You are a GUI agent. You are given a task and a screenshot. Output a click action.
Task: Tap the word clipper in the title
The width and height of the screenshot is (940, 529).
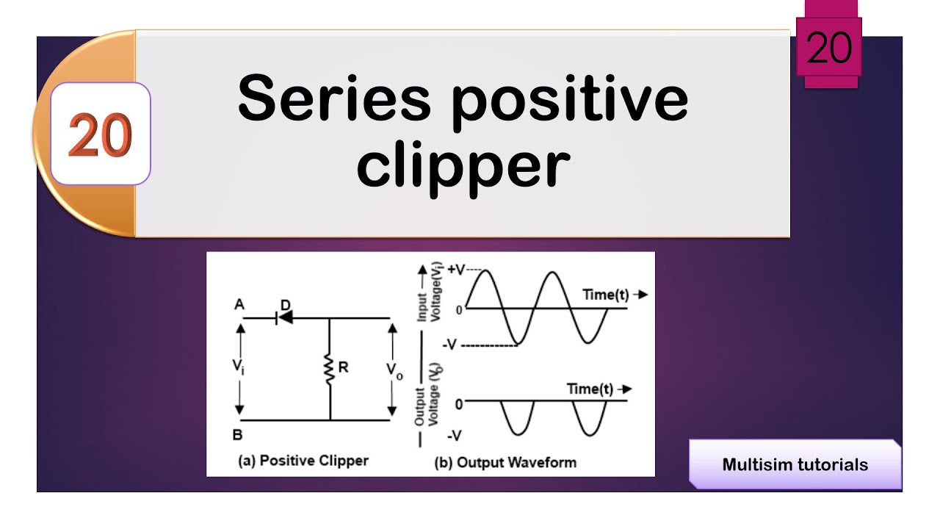[x=463, y=166]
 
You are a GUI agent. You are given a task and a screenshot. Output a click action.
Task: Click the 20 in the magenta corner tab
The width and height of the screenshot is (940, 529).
[x=829, y=49]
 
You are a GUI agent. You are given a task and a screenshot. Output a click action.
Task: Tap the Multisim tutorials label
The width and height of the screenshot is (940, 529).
[x=795, y=464]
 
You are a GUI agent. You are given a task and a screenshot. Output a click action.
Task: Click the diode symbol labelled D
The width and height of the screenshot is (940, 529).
[x=282, y=317]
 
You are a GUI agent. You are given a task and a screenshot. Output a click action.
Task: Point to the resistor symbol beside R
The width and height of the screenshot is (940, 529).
[x=330, y=370]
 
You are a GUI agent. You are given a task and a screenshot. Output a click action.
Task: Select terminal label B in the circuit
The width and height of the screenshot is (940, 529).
[x=237, y=435]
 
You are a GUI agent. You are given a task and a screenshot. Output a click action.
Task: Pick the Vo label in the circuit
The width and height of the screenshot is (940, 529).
[x=394, y=372]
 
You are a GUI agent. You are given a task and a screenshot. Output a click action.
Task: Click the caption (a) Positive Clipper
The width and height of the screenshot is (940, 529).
[x=303, y=461]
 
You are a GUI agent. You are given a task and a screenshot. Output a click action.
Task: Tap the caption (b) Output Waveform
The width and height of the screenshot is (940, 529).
[x=505, y=462]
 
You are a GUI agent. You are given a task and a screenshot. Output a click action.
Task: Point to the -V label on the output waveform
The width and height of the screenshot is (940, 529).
[x=454, y=436]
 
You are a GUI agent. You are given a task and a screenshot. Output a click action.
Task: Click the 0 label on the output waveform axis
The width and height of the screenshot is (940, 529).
[x=458, y=403]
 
